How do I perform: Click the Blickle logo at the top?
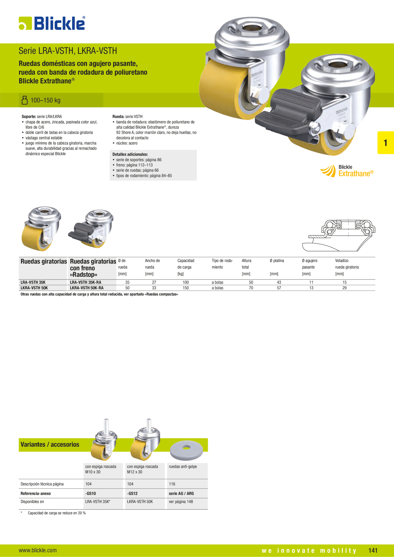52,23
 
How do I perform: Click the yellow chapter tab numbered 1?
385,143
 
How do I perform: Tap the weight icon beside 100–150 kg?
24,100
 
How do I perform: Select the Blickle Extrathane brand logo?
347,171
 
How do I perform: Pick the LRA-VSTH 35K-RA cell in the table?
86,282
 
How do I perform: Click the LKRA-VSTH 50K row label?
34,288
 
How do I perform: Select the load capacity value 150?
186,288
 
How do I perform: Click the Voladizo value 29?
344,288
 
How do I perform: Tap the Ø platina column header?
277,261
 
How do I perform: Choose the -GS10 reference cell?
91,493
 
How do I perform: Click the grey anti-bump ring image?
187,450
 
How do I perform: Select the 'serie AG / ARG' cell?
181,493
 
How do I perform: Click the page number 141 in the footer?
373,550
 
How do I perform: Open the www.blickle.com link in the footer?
38,550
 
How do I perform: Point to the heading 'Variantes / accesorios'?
50,445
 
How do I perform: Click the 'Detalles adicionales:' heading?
130,154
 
